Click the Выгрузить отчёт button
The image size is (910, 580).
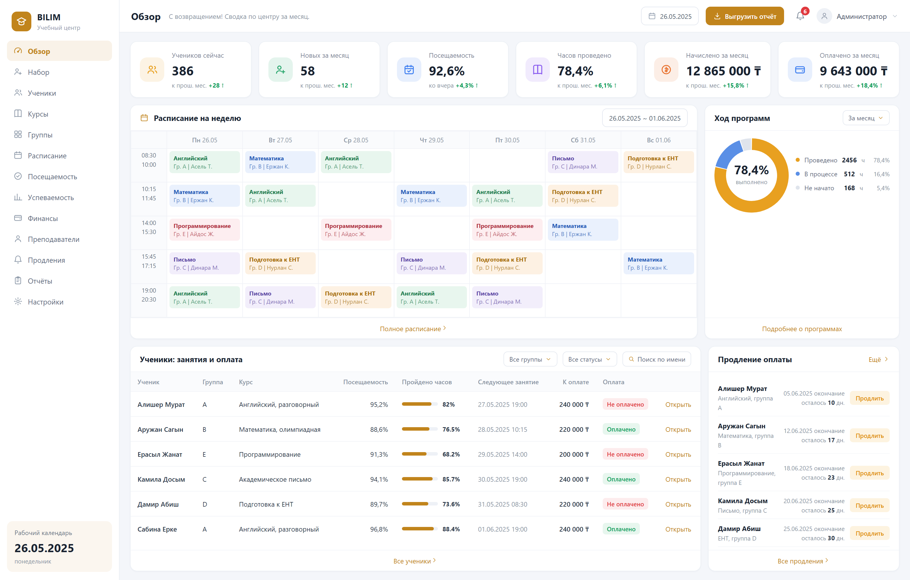[x=745, y=16]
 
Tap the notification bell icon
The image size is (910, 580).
[x=800, y=16]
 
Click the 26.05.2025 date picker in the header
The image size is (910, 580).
[x=670, y=16]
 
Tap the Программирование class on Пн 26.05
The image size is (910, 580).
[x=205, y=230]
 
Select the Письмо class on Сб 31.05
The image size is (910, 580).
[x=583, y=162]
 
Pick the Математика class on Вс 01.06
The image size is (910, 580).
[x=659, y=263]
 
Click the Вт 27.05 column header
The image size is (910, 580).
[x=280, y=140]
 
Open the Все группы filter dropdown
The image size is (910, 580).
[x=530, y=359]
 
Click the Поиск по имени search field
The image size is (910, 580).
[x=657, y=359]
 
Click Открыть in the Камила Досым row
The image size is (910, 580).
[x=678, y=479]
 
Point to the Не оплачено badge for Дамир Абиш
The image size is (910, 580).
[x=625, y=504]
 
